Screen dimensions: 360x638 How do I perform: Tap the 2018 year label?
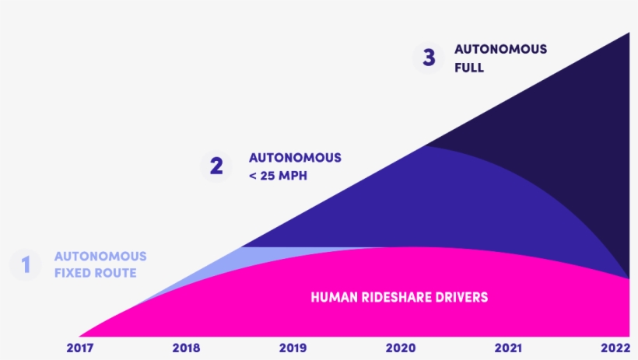point(186,348)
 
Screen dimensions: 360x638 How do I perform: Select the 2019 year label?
point(293,348)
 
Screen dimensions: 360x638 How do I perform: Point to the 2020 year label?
point(400,348)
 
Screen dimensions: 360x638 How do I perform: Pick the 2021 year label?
point(507,348)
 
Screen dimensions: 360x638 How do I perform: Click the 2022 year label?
point(615,348)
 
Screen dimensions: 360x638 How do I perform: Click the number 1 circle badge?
point(26,265)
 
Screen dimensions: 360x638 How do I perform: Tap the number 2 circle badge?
point(216,166)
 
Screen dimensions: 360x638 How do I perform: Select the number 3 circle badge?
point(429,58)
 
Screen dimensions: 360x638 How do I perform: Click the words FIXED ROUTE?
point(95,274)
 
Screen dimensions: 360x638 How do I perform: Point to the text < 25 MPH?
point(278,176)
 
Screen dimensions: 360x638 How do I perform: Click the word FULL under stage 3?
point(469,68)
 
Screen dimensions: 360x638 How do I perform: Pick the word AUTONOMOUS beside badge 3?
point(500,49)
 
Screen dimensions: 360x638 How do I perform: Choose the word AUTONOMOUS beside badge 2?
point(295,158)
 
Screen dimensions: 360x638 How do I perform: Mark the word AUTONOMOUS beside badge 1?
point(100,257)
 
